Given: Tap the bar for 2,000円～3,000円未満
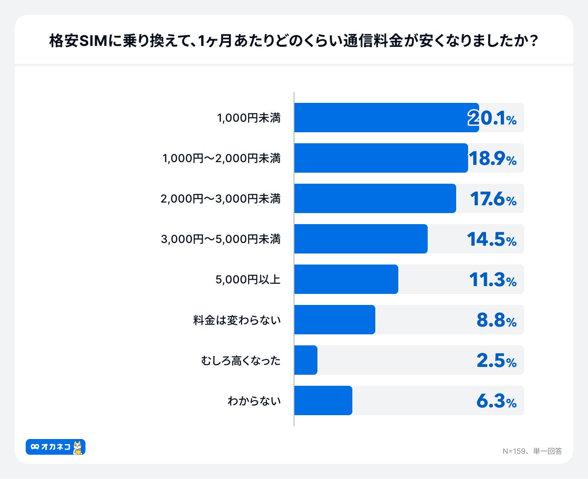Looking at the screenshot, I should click(x=375, y=198).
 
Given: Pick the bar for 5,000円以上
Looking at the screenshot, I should click(x=346, y=279).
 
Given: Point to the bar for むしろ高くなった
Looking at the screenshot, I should click(x=305, y=360).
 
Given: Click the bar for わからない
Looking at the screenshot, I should click(x=323, y=400).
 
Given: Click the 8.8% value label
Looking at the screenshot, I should click(x=497, y=320).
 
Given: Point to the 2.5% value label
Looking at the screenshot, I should click(x=497, y=361).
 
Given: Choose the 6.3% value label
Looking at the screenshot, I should click(x=497, y=401).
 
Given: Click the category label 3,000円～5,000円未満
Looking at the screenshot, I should click(x=220, y=239).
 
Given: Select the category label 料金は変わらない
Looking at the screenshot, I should click(x=237, y=320).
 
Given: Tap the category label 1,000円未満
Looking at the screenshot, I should click(x=249, y=118).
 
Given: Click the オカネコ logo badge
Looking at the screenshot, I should click(x=55, y=447).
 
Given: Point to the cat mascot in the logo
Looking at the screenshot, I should click(x=78, y=447).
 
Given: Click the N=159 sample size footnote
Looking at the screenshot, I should click(x=532, y=451).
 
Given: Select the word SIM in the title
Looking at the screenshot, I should click(x=94, y=41).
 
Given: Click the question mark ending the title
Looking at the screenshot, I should click(x=533, y=41).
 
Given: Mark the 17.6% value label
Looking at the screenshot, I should click(x=493, y=199).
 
